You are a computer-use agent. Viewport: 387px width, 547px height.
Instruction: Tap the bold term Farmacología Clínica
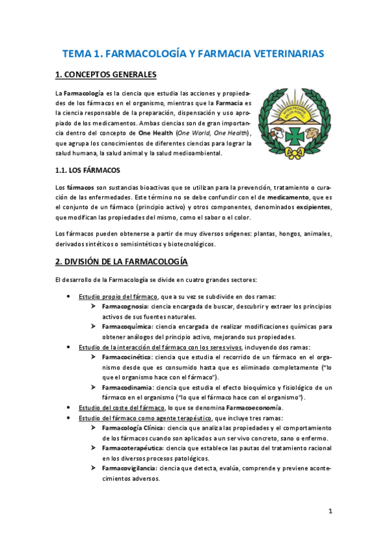133,428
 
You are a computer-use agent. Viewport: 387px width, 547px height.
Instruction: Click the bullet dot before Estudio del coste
69,408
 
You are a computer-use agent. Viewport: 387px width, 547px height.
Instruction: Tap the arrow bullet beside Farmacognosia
94,306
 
